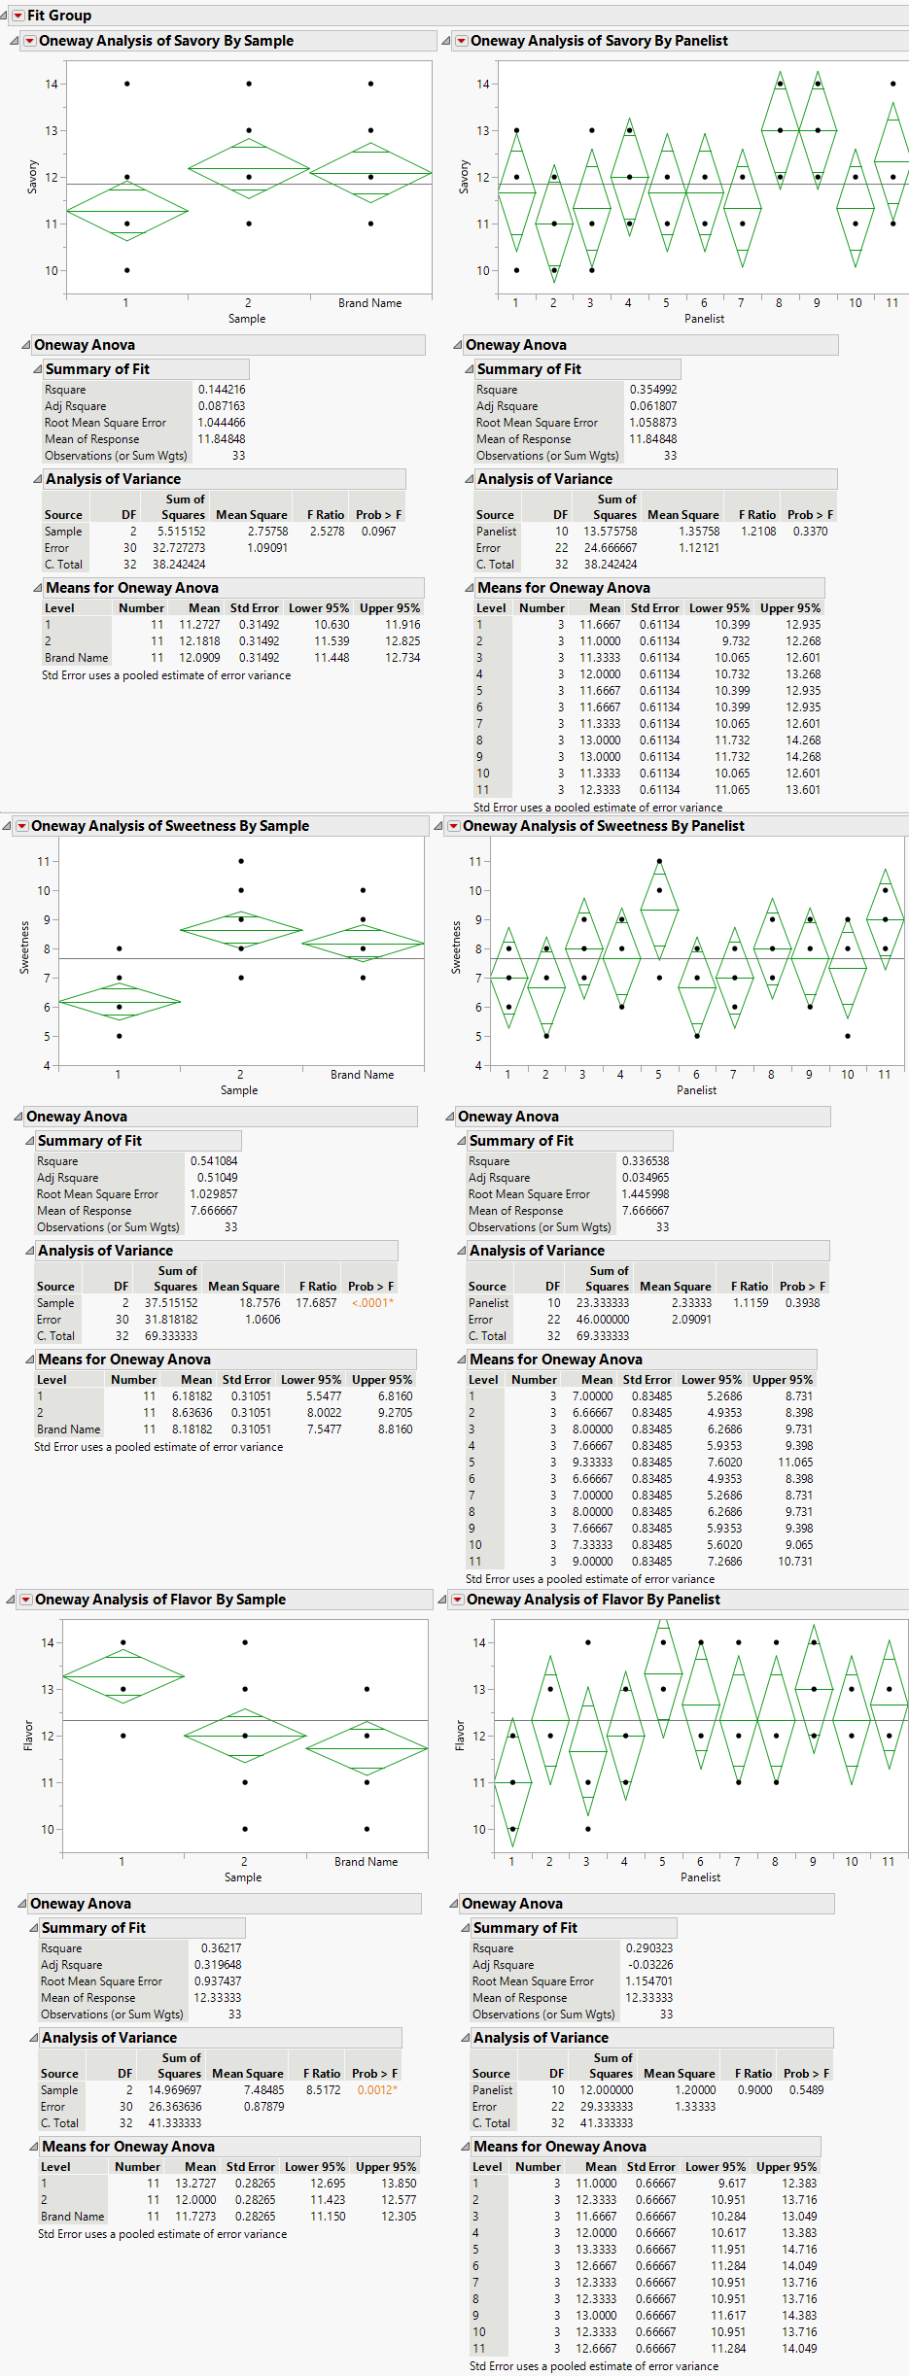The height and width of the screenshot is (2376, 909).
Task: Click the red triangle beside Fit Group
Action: (x=17, y=16)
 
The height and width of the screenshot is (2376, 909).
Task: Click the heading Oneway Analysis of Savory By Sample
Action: (x=165, y=41)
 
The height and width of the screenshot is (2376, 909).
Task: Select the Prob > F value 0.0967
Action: (x=378, y=532)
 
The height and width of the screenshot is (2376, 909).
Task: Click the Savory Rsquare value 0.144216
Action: (x=222, y=390)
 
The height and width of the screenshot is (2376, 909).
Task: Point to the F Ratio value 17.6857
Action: (x=316, y=1303)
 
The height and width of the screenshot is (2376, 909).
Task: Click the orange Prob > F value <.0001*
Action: (x=372, y=1303)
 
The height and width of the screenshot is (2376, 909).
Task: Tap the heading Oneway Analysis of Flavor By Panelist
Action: (x=593, y=1600)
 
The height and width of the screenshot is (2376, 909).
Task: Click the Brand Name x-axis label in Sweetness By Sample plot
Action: (x=362, y=1075)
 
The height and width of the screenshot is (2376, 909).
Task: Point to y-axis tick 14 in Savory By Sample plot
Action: (x=51, y=85)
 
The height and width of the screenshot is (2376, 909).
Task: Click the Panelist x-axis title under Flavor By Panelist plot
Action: (x=700, y=1877)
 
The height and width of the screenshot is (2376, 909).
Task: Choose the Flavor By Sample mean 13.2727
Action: (x=195, y=2184)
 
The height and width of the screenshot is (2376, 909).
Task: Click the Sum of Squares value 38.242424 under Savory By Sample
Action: (x=179, y=565)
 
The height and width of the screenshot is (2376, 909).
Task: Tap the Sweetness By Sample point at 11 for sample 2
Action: (x=241, y=861)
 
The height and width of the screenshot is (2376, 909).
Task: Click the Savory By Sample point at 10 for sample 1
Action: (x=127, y=270)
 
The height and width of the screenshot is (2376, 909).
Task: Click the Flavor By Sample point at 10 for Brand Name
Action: (x=367, y=1829)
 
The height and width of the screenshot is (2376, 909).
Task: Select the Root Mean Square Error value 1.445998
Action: (x=646, y=1194)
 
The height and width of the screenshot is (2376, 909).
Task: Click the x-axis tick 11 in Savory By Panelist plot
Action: (x=892, y=303)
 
